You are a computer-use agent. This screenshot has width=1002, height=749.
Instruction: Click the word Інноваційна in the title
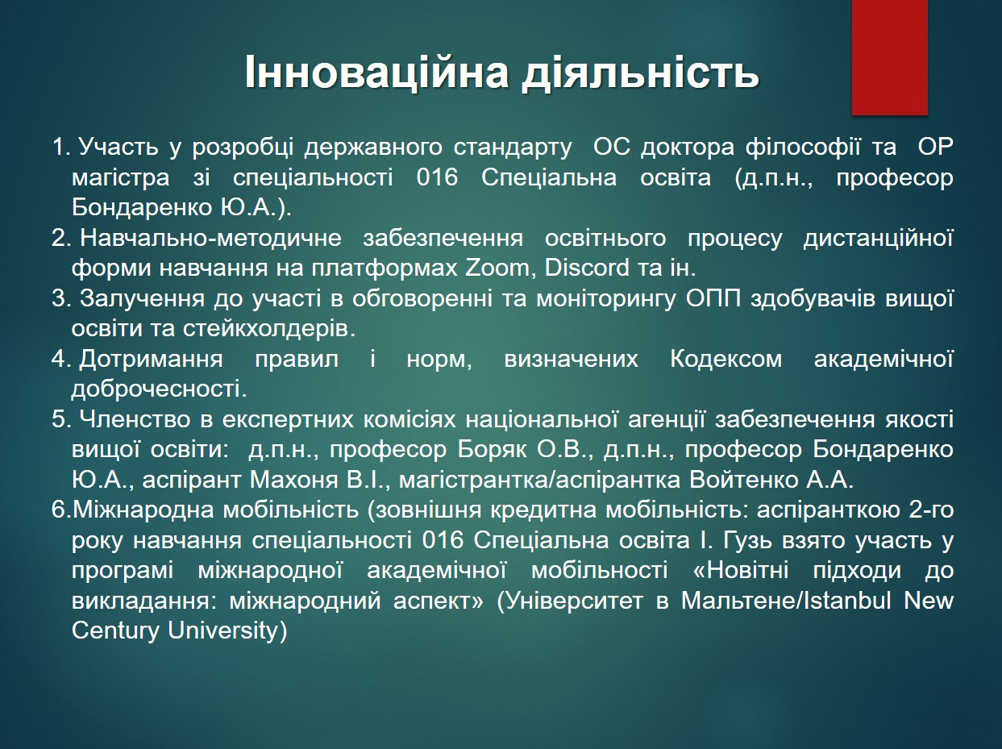pyautogui.click(x=376, y=73)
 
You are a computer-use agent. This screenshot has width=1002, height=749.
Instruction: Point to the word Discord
pyautogui.click(x=587, y=268)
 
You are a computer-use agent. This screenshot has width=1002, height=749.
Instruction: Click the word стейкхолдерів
pyautogui.click(x=269, y=329)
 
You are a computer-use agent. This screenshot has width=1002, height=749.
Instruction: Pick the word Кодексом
pyautogui.click(x=726, y=359)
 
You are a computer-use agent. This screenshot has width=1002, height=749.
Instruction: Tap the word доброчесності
pyautogui.click(x=160, y=389)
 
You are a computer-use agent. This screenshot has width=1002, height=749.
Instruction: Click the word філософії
pyautogui.click(x=803, y=148)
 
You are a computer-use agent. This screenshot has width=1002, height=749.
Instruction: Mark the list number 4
pyautogui.click(x=60, y=359)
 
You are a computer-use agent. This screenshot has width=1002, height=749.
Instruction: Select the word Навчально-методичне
pyautogui.click(x=210, y=239)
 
